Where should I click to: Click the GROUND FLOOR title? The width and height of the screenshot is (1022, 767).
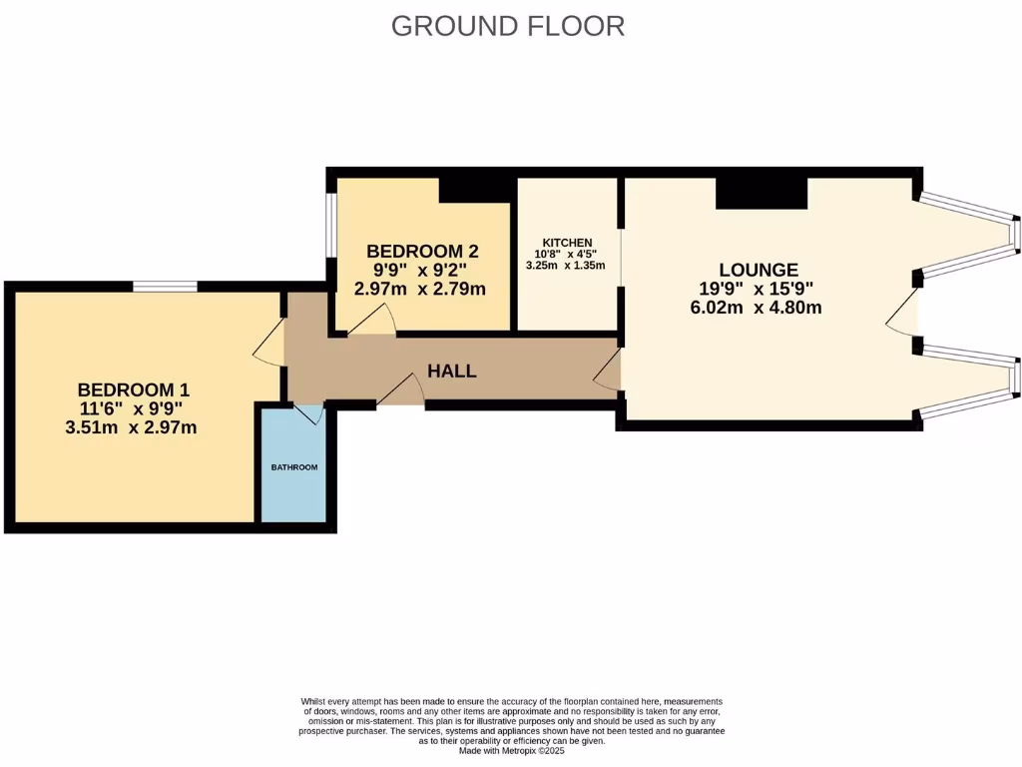point(508,26)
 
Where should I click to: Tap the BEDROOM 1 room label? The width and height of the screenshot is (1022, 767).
point(134,389)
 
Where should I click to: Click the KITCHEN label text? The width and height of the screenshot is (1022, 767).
point(567,243)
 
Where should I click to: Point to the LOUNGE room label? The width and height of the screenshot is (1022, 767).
point(759,270)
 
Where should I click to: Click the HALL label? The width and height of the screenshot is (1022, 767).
point(452,372)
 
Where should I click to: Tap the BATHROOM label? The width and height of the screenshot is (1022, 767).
point(293,467)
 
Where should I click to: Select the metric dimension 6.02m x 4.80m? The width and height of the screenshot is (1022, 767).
point(756,308)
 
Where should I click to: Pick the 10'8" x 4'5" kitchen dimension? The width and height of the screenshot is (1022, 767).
point(566,254)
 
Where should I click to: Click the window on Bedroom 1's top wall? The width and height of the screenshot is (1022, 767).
point(165,287)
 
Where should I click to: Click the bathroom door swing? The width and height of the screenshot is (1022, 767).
point(310,413)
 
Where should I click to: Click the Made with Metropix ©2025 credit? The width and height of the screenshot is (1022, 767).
point(511,751)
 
